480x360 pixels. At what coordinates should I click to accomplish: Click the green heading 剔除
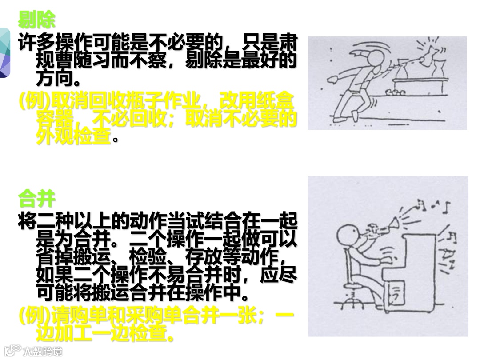[37, 20]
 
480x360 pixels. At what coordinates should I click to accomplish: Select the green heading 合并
[37, 199]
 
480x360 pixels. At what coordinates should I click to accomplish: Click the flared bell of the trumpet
[395, 224]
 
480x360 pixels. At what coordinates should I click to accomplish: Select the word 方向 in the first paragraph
[55, 79]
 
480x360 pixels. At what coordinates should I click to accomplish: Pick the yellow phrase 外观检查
[73, 136]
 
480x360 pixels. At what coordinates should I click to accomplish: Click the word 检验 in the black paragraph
[148, 257]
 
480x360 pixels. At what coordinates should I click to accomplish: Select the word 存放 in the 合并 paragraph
[204, 257]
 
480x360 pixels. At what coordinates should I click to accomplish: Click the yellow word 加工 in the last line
[73, 333]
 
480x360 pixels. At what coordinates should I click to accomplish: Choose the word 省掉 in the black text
[55, 257]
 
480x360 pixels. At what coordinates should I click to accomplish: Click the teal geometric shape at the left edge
[5, 52]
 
